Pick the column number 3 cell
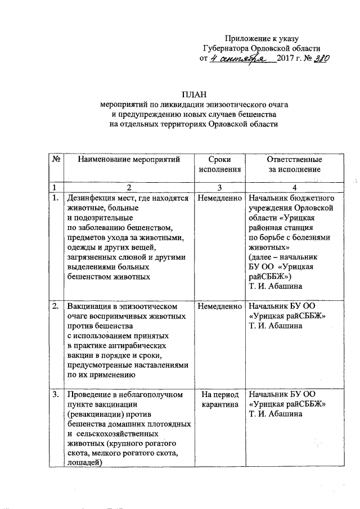(219, 187)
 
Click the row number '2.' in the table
(56, 307)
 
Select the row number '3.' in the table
(56, 394)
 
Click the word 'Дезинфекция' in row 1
(92, 198)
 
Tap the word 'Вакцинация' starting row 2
(90, 307)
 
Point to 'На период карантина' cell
(219, 399)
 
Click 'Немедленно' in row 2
(219, 307)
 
